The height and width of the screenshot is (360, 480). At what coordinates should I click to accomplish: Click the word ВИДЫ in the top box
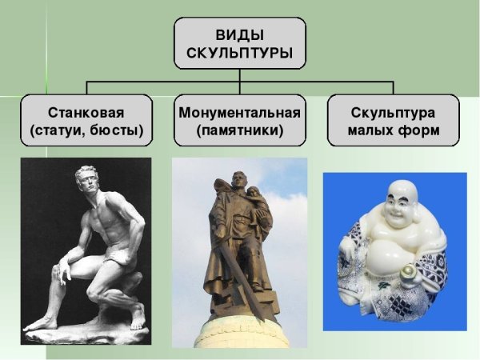240,36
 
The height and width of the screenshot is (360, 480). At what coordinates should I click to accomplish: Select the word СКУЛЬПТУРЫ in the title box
240,55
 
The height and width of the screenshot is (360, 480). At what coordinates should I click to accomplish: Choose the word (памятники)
240,130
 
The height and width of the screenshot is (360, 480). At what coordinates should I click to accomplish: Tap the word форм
418,130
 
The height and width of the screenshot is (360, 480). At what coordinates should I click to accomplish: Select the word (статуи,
59,130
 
